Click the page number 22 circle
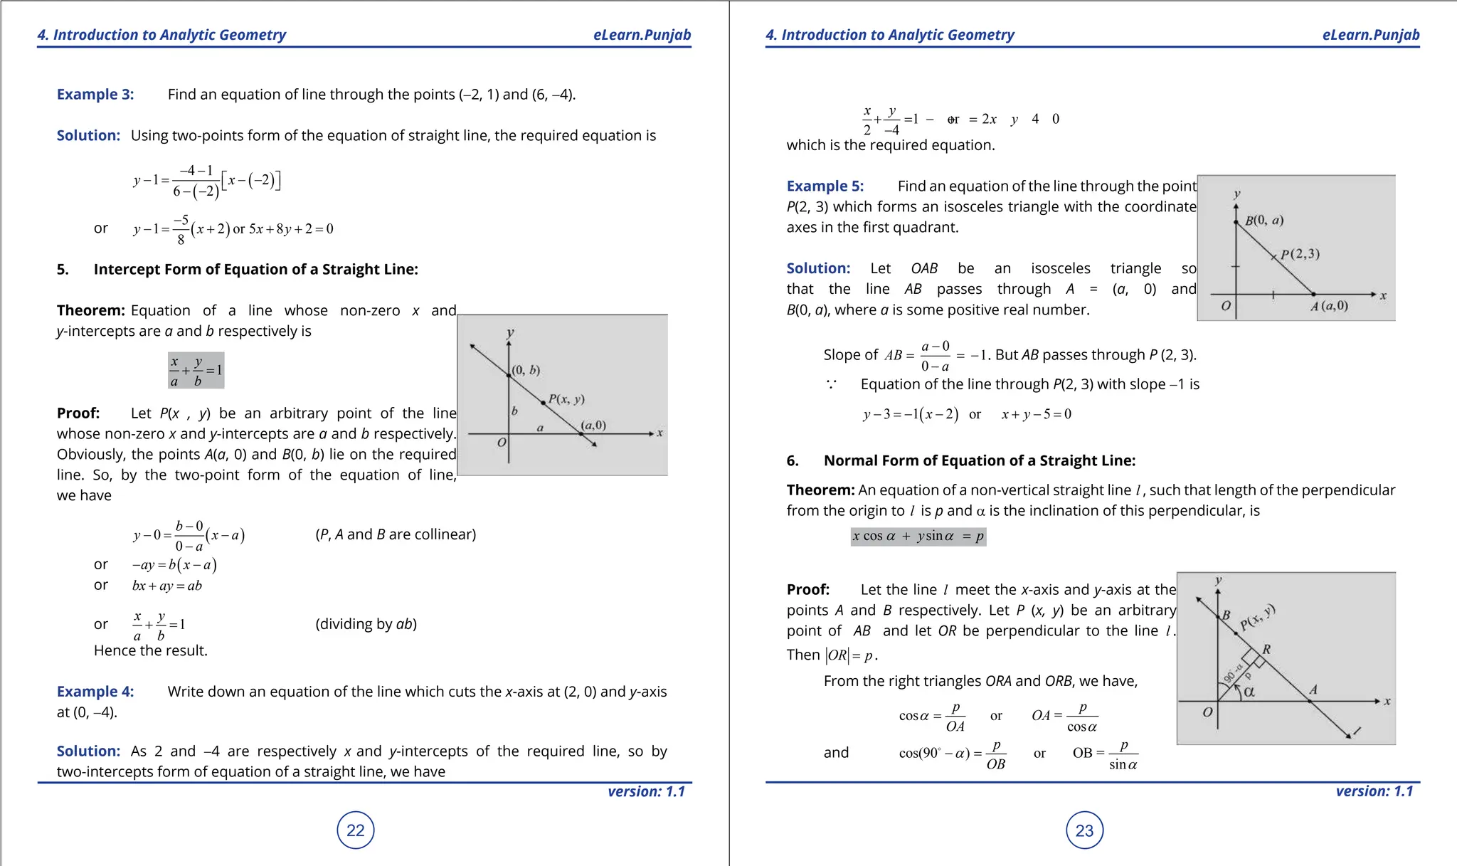pyautogui.click(x=355, y=830)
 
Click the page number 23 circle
pyautogui.click(x=1084, y=830)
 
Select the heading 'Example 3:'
pyautogui.click(x=95, y=95)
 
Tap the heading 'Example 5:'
pyautogui.click(x=825, y=186)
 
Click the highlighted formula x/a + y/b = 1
pyautogui.click(x=196, y=370)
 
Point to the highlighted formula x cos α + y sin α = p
pyautogui.click(x=918, y=537)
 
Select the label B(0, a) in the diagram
pyautogui.click(x=1264, y=221)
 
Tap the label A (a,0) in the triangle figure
pyautogui.click(x=1329, y=306)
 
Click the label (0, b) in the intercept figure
pyautogui.click(x=526, y=370)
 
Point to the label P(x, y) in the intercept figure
pyautogui.click(x=566, y=399)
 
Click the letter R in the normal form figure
pyautogui.click(x=1266, y=649)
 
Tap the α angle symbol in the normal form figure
pyautogui.click(x=1249, y=692)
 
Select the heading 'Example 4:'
pyautogui.click(x=95, y=692)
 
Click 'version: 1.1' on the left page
pyautogui.click(x=646, y=791)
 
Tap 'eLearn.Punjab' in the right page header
pyautogui.click(x=1370, y=35)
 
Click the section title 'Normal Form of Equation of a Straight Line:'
pyautogui.click(x=979, y=460)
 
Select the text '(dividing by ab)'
pyautogui.click(x=366, y=624)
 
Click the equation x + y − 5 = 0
pyautogui.click(x=1036, y=414)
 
